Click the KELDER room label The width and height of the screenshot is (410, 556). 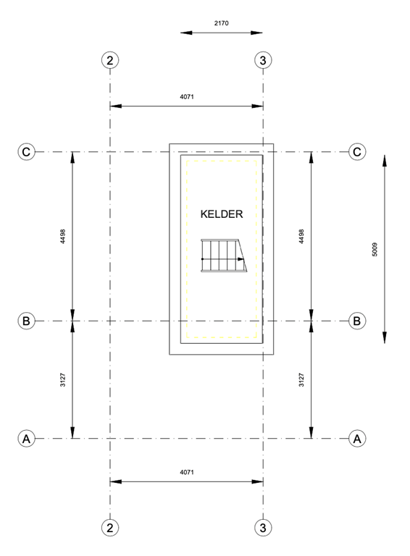click(221, 214)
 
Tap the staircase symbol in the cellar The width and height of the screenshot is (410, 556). click(224, 255)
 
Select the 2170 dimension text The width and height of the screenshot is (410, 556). click(222, 23)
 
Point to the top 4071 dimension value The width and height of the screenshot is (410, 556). click(186, 96)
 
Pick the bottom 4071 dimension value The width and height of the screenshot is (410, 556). click(186, 471)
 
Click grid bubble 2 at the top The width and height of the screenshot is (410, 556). click(110, 60)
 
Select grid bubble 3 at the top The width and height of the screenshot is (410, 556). click(263, 60)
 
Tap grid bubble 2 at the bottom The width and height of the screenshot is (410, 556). click(110, 527)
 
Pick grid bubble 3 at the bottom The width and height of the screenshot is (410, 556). click(263, 527)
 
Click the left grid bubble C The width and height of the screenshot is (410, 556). click(27, 152)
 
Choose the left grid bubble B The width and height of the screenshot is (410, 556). click(27, 321)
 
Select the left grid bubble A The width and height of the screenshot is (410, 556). click(27, 439)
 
